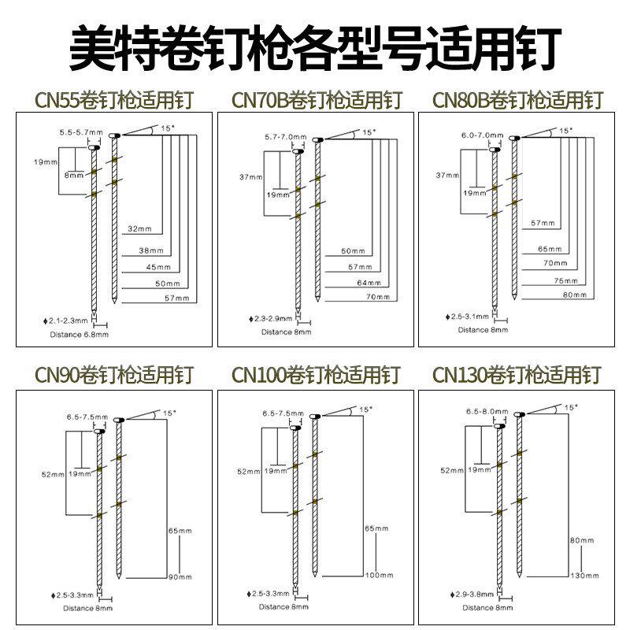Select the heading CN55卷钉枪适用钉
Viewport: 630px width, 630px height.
[x=114, y=100]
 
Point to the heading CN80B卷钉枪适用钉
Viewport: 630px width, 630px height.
[x=517, y=100]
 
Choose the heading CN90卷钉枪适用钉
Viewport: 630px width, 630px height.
[x=114, y=373]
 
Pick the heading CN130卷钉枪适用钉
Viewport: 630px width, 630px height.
[x=517, y=373]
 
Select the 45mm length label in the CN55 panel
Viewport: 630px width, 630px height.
[x=157, y=266]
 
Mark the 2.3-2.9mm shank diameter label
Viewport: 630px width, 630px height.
[x=272, y=318]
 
